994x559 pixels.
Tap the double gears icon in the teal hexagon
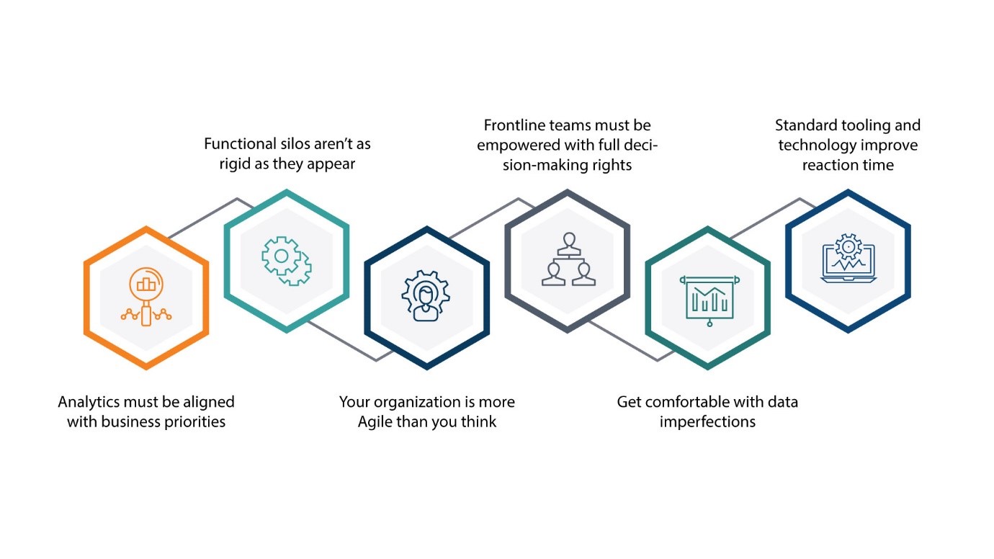[x=286, y=260]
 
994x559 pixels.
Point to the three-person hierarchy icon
[x=568, y=260]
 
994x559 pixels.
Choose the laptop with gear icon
[x=848, y=259]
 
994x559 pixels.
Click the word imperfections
[x=707, y=422]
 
